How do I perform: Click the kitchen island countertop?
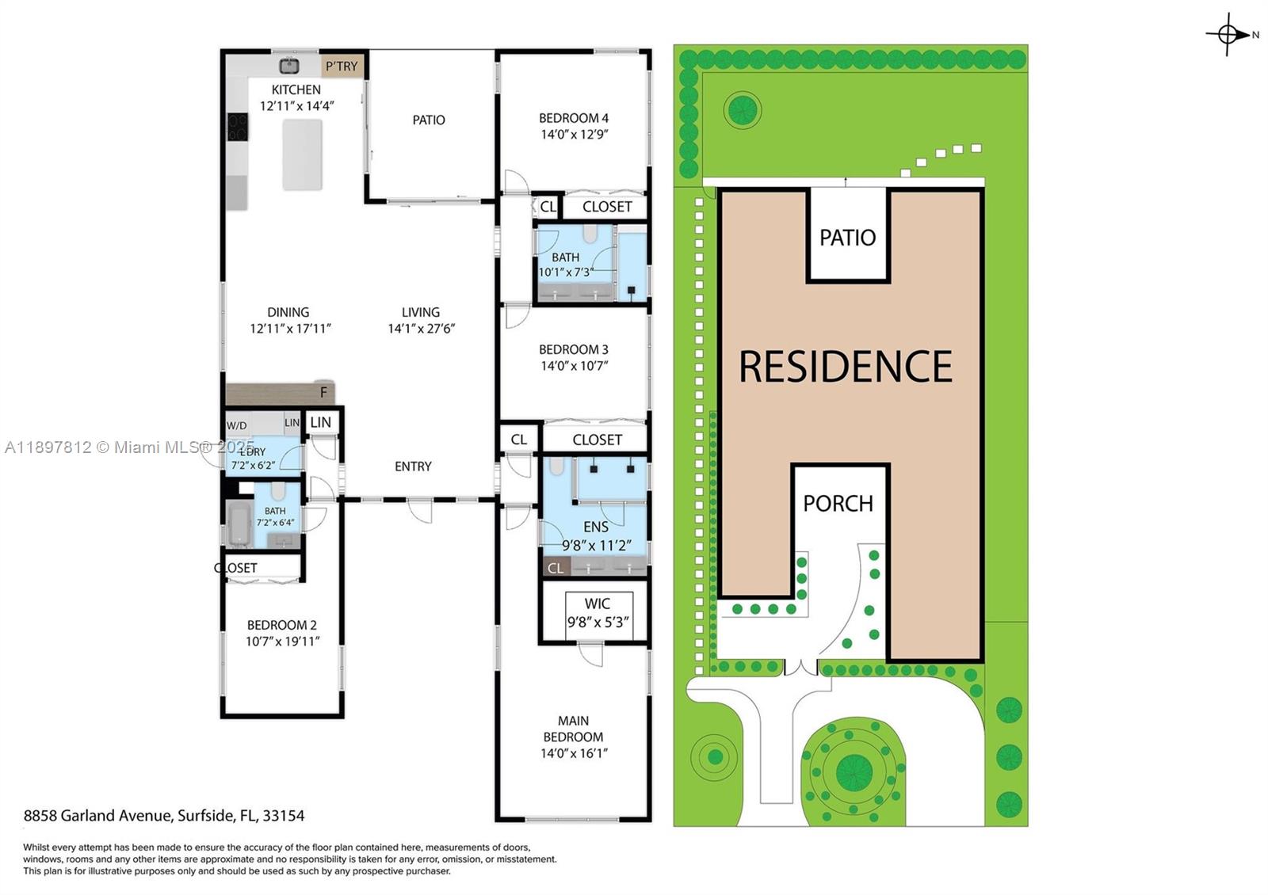click(x=303, y=154)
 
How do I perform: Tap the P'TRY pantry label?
click(x=342, y=67)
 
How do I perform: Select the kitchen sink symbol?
click(x=289, y=65)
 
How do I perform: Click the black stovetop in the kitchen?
click(x=238, y=127)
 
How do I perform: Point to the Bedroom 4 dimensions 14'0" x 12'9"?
click(x=574, y=135)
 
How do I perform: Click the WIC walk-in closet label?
click(x=597, y=604)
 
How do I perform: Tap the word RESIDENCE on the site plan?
click(x=845, y=367)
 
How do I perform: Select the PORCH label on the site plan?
click(x=838, y=504)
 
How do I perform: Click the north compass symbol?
click(x=1228, y=34)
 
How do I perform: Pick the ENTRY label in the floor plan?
click(x=413, y=467)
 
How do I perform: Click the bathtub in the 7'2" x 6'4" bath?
click(x=239, y=524)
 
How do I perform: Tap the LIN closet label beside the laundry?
click(x=321, y=422)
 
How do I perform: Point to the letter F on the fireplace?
click(x=323, y=393)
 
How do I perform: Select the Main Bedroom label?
click(x=573, y=729)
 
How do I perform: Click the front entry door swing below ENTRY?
click(x=420, y=511)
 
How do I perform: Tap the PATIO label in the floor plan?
click(x=429, y=120)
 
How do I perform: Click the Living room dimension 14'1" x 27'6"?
click(x=421, y=329)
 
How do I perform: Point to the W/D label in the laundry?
click(x=237, y=425)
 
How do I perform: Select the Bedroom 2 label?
click(x=282, y=625)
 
